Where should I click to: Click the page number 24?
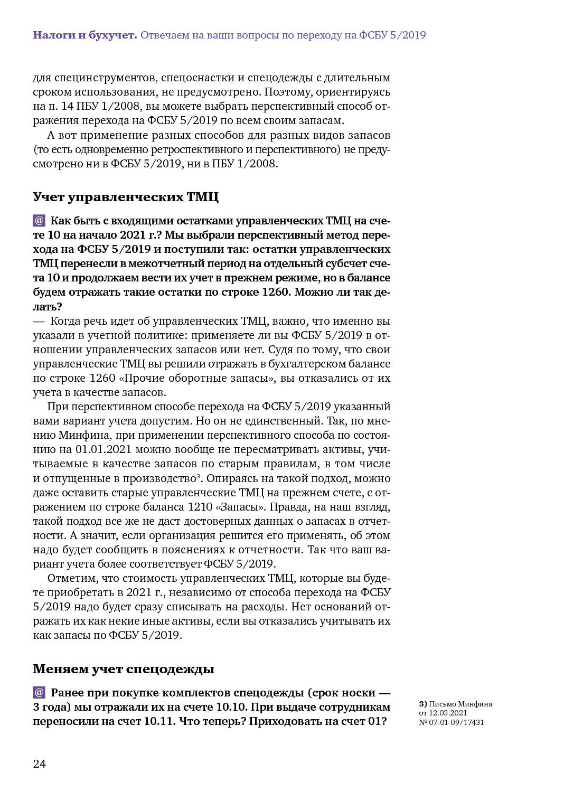pyautogui.click(x=40, y=764)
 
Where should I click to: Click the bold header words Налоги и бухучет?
pyautogui.click(x=85, y=35)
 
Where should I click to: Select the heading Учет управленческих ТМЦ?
pyautogui.click(x=126, y=197)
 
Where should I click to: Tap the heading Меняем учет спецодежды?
pyautogui.click(x=124, y=669)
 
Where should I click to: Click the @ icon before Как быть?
pyautogui.click(x=39, y=220)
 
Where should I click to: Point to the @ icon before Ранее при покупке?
pyautogui.click(x=39, y=692)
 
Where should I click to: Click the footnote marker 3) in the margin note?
pyautogui.click(x=423, y=704)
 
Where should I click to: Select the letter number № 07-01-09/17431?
pyautogui.click(x=452, y=722)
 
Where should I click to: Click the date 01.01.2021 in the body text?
pyautogui.click(x=104, y=449)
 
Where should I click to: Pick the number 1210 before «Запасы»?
pyautogui.click(x=201, y=507)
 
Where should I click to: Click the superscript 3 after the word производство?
pyautogui.click(x=199, y=476)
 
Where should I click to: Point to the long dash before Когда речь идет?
pyautogui.click(x=39, y=321)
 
